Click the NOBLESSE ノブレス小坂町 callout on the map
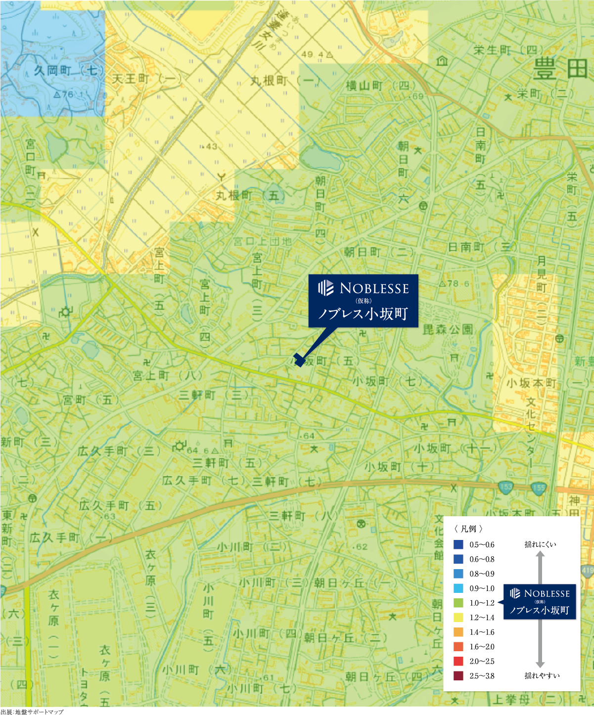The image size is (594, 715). (364, 301)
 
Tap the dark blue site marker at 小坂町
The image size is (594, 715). (299, 359)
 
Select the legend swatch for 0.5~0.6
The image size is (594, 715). (458, 544)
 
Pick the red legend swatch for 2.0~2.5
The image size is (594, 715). (458, 661)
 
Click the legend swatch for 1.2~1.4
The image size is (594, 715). (458, 618)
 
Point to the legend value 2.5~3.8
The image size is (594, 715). (482, 676)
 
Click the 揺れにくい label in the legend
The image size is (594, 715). (540, 544)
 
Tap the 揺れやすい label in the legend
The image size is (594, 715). (542, 675)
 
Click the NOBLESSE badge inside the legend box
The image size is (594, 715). (540, 601)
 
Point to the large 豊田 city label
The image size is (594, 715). (561, 70)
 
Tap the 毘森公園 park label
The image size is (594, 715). (448, 329)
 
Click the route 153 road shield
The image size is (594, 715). (505, 486)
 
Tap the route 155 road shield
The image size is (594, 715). (538, 488)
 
